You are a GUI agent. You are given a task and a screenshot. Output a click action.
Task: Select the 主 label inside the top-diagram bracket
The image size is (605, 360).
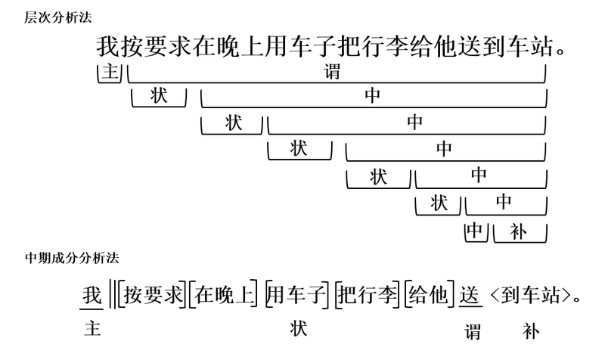click(110, 73)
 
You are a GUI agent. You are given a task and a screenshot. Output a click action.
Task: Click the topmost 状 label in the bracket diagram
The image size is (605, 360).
click(159, 97)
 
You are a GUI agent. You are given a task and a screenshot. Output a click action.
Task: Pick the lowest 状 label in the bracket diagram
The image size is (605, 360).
click(439, 202)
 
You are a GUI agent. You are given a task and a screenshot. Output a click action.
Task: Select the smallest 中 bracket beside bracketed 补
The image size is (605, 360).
click(475, 231)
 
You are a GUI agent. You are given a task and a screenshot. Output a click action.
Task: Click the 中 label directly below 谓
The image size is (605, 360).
click(372, 97)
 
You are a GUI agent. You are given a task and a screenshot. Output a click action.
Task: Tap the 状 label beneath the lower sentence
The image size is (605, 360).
click(299, 329)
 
